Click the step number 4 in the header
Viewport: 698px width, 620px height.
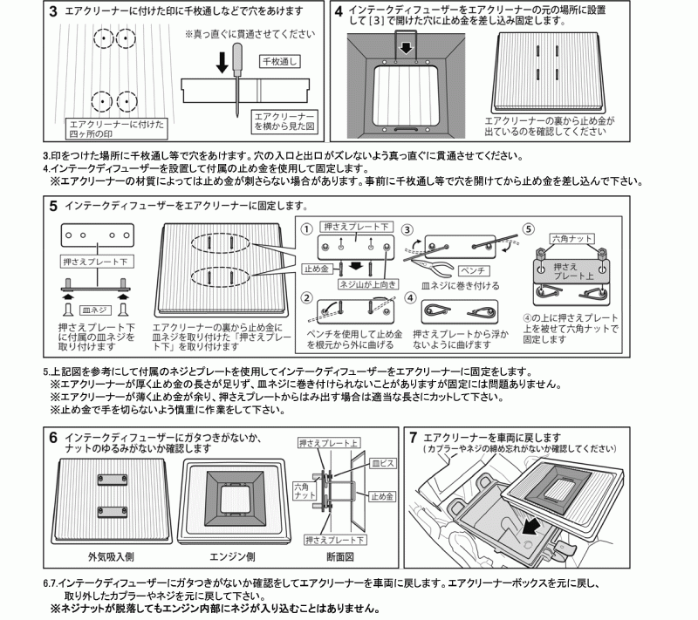338,12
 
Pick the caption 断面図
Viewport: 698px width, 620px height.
337,554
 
